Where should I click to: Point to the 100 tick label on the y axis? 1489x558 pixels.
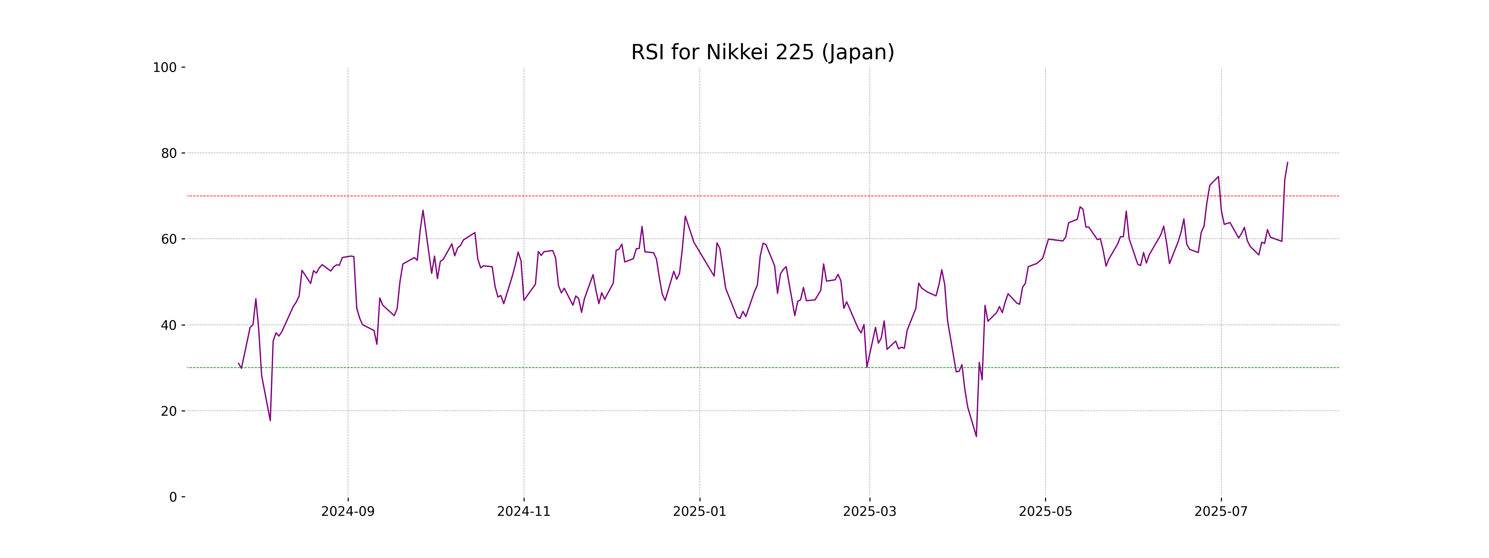165,68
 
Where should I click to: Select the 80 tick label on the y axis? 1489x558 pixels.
169,153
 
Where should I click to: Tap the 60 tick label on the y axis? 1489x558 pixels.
169,239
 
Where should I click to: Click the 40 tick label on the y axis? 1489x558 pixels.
169,325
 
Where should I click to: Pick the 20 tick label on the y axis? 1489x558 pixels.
169,411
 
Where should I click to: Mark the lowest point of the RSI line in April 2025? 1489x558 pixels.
976,436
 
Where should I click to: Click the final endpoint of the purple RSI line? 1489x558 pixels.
1287,162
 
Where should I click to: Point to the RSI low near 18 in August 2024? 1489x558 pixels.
270,420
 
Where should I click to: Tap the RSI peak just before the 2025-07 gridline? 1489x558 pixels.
1218,177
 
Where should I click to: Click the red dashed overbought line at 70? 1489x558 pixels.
578,196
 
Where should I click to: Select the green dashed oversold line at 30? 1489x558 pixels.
578,367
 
